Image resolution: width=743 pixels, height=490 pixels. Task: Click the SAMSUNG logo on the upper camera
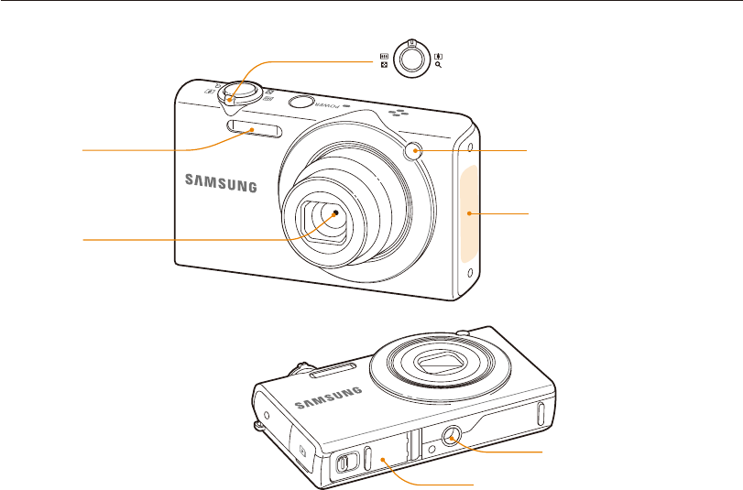221,183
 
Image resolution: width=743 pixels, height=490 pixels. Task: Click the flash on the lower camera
329,370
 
